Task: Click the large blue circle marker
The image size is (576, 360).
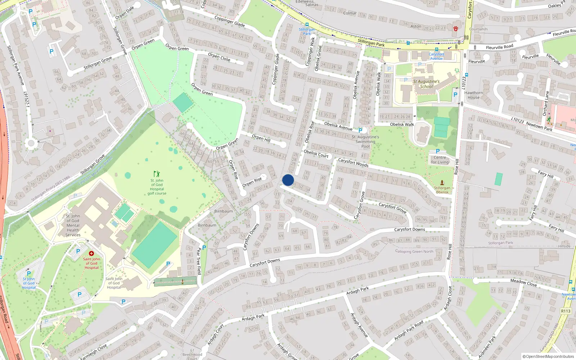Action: pos(288,180)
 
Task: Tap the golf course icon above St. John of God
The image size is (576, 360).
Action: pos(157,174)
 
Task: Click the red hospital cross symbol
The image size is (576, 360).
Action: pos(91,253)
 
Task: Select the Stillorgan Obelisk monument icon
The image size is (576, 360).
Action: pos(442,183)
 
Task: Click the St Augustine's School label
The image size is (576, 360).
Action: pos(426,84)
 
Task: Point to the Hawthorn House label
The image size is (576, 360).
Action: pos(473,95)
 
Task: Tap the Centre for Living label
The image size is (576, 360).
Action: pos(440,160)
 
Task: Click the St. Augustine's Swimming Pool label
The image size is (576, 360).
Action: pos(365,141)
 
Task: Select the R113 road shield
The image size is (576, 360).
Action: pos(566,311)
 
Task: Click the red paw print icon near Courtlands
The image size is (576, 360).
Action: pos(455,28)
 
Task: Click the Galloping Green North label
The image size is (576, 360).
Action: pos(414,251)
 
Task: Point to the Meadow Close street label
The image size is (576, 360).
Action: pos(523,283)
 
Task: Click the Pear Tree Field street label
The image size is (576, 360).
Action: pos(198,261)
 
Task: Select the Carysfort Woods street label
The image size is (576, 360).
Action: pos(353,162)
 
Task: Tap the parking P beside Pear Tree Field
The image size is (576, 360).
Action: pos(204,248)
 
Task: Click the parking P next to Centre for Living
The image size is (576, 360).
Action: pos(438,151)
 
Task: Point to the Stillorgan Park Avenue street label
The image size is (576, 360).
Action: pos(16,65)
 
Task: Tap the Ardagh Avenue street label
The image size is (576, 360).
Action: pos(359,325)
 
